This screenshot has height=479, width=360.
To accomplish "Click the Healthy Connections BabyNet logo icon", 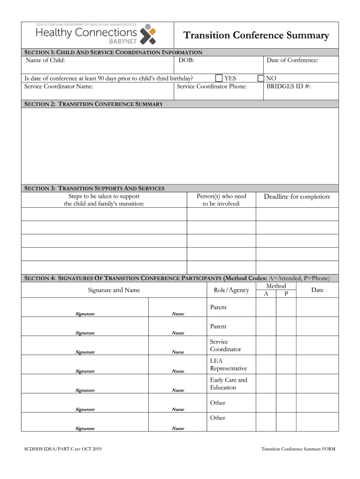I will tap(149, 34).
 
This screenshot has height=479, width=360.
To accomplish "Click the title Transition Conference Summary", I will tap(256, 36).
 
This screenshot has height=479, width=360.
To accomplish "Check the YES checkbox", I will tap(219, 78).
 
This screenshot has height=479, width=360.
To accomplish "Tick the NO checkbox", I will tap(261, 78).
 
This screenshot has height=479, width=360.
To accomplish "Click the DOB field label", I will tap(186, 60).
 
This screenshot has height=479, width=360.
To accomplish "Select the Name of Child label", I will tap(45, 60).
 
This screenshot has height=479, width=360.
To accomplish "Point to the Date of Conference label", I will tap(292, 60).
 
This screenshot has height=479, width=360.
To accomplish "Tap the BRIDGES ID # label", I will tap(288, 86).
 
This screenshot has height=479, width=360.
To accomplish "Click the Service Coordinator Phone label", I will tap(212, 86).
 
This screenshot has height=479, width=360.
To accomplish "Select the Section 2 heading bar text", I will tap(94, 104).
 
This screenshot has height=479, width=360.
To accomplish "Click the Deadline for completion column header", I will tap(297, 196).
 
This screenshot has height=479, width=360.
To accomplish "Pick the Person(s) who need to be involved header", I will tap(221, 200).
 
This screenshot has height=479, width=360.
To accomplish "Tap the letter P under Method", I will tap(286, 294).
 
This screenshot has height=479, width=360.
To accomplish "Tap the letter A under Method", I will tap(266, 294).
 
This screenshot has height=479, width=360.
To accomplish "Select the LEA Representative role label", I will tap(228, 364).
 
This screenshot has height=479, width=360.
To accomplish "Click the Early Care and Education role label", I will tap(229, 384).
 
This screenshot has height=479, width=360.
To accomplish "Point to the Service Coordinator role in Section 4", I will tap(225, 345).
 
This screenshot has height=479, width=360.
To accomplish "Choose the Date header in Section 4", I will tap(317, 290).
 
